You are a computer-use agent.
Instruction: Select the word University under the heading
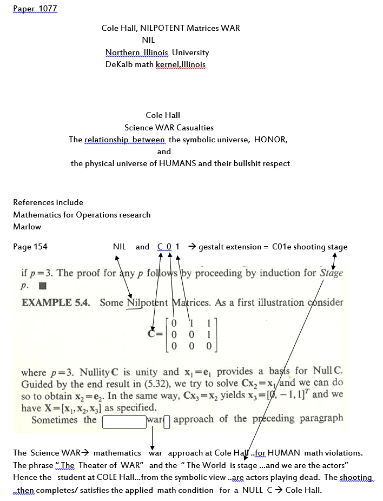190,52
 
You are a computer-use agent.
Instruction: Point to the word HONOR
270,140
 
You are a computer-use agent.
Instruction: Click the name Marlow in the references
27,227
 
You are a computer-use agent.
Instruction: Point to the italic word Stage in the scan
331,273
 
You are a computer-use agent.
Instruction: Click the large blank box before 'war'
124,420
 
